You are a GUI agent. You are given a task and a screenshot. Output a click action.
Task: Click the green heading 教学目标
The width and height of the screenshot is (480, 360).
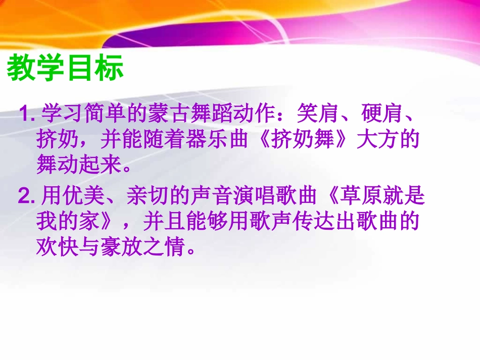[66, 69]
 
